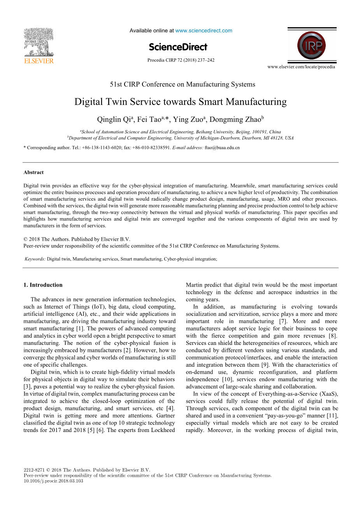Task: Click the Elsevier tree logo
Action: point(39,42)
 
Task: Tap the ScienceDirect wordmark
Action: point(178,47)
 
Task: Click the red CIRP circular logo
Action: point(312,45)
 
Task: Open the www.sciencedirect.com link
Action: point(204,31)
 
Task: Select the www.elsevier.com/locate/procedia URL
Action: point(301,67)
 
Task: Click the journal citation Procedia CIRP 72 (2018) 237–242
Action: point(181,60)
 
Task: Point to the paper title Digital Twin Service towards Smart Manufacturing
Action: point(180,102)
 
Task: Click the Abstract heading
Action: point(33,172)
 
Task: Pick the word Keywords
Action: point(35,259)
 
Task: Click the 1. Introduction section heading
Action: point(43,285)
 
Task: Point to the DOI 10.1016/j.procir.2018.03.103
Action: point(53,481)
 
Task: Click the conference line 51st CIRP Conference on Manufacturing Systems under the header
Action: point(183,84)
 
